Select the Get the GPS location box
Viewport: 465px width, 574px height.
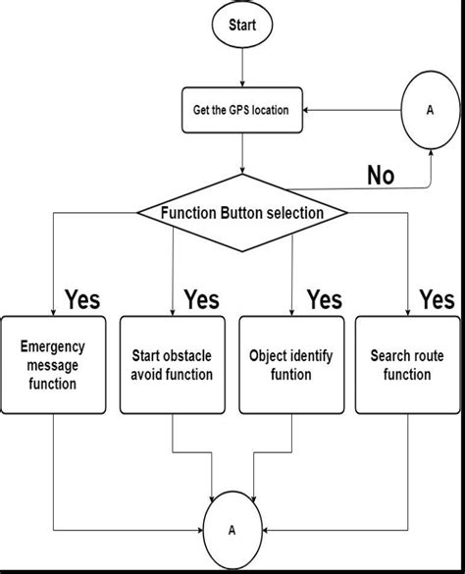(241, 110)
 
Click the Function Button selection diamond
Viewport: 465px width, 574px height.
(241, 212)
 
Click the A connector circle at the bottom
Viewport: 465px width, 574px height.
(232, 529)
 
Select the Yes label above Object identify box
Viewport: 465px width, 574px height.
(323, 298)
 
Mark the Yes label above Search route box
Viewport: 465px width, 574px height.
(437, 298)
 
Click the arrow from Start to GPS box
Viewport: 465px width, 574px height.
(242, 69)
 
